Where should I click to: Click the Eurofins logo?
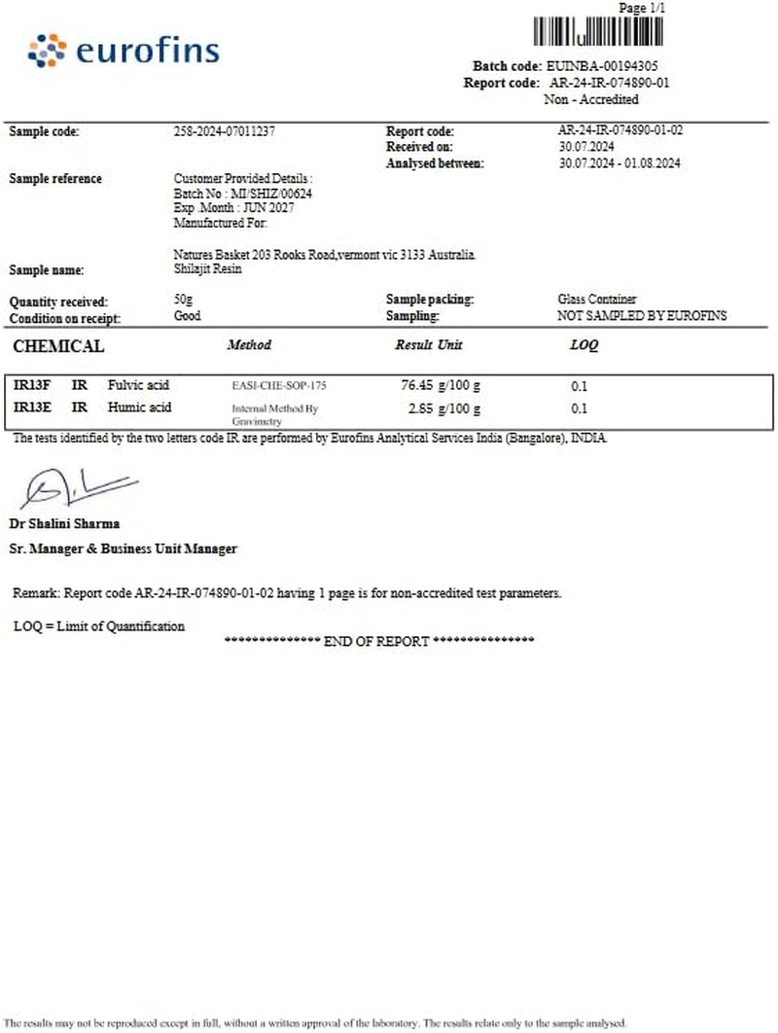tap(124, 51)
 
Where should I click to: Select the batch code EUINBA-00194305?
tap(606, 66)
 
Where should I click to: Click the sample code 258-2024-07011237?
tap(230, 131)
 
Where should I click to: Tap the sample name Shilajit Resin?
tap(207, 269)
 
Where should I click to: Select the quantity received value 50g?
tap(182, 302)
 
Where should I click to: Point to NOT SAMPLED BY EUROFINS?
tap(642, 316)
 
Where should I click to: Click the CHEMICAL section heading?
tap(58, 346)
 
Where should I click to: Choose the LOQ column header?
tap(583, 345)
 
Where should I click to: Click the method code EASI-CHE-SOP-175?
tap(279, 386)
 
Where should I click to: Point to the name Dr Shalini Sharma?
tap(64, 523)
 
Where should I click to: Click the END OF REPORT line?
tap(378, 642)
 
